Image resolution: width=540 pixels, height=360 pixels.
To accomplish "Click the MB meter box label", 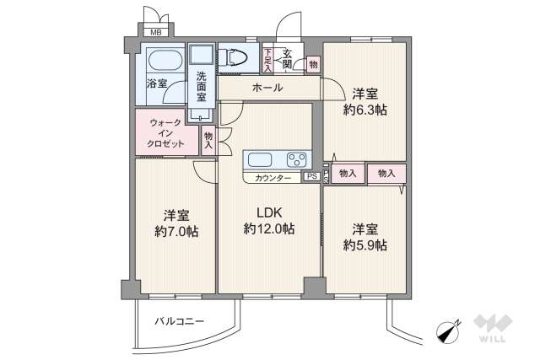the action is pos(156,33).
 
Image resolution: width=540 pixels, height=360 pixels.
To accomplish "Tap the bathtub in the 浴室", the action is pos(165,60).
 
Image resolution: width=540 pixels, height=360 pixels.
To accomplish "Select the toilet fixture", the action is pos(233,57).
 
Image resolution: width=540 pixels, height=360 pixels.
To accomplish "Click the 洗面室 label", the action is pos(202,86).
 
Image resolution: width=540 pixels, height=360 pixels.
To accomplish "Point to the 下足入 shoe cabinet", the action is pos(268,61).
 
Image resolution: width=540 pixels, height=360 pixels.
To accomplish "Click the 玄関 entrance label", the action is pos(287,58).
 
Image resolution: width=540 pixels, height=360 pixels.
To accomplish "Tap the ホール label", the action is pos(267,88).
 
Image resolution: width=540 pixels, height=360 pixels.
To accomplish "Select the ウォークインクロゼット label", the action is pos(165,133).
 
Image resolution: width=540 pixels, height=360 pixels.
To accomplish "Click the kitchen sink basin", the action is pos(260,159).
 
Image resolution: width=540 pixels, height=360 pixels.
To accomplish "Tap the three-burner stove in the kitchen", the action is pos(297,159).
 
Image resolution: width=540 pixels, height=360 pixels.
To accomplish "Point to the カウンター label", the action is pos(273,178).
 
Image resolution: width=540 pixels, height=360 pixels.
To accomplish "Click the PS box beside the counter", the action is pos(312,176).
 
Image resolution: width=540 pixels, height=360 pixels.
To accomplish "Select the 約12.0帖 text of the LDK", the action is pos(268,228).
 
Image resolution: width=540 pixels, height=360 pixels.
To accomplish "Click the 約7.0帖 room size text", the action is pos(176,232).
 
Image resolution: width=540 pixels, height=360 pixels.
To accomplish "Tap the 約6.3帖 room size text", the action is pos(365,110).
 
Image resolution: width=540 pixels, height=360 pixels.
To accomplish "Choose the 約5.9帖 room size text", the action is pos(365,245).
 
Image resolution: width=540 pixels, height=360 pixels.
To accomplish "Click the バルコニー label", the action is pos(179,321).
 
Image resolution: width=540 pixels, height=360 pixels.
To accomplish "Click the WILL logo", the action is pos(493,328).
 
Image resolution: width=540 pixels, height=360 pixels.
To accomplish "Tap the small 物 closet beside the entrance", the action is pos(313,64).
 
